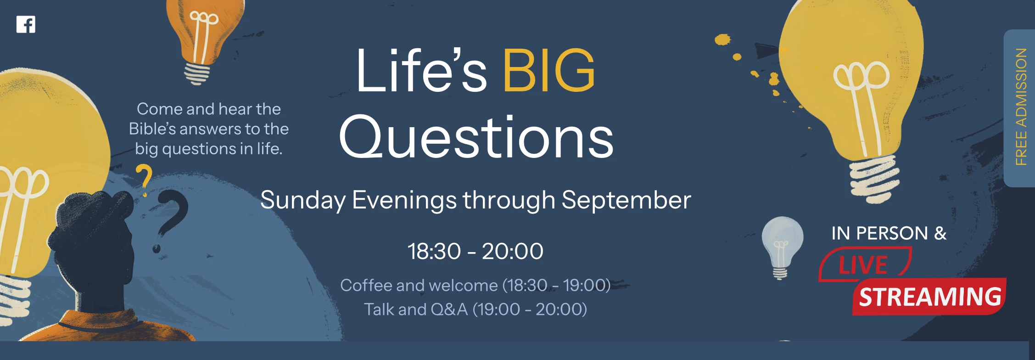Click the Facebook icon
click(x=26, y=24)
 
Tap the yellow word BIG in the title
click(x=549, y=71)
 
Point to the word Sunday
click(x=303, y=201)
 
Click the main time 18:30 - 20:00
click(x=476, y=251)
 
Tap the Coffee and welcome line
click(x=476, y=285)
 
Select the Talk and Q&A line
click(x=476, y=309)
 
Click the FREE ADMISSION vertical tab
click(x=1020, y=108)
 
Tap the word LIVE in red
click(x=863, y=265)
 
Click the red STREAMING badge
click(x=930, y=297)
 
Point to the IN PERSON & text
click(x=889, y=233)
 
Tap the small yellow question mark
click(x=144, y=180)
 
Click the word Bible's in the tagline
click(x=152, y=129)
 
